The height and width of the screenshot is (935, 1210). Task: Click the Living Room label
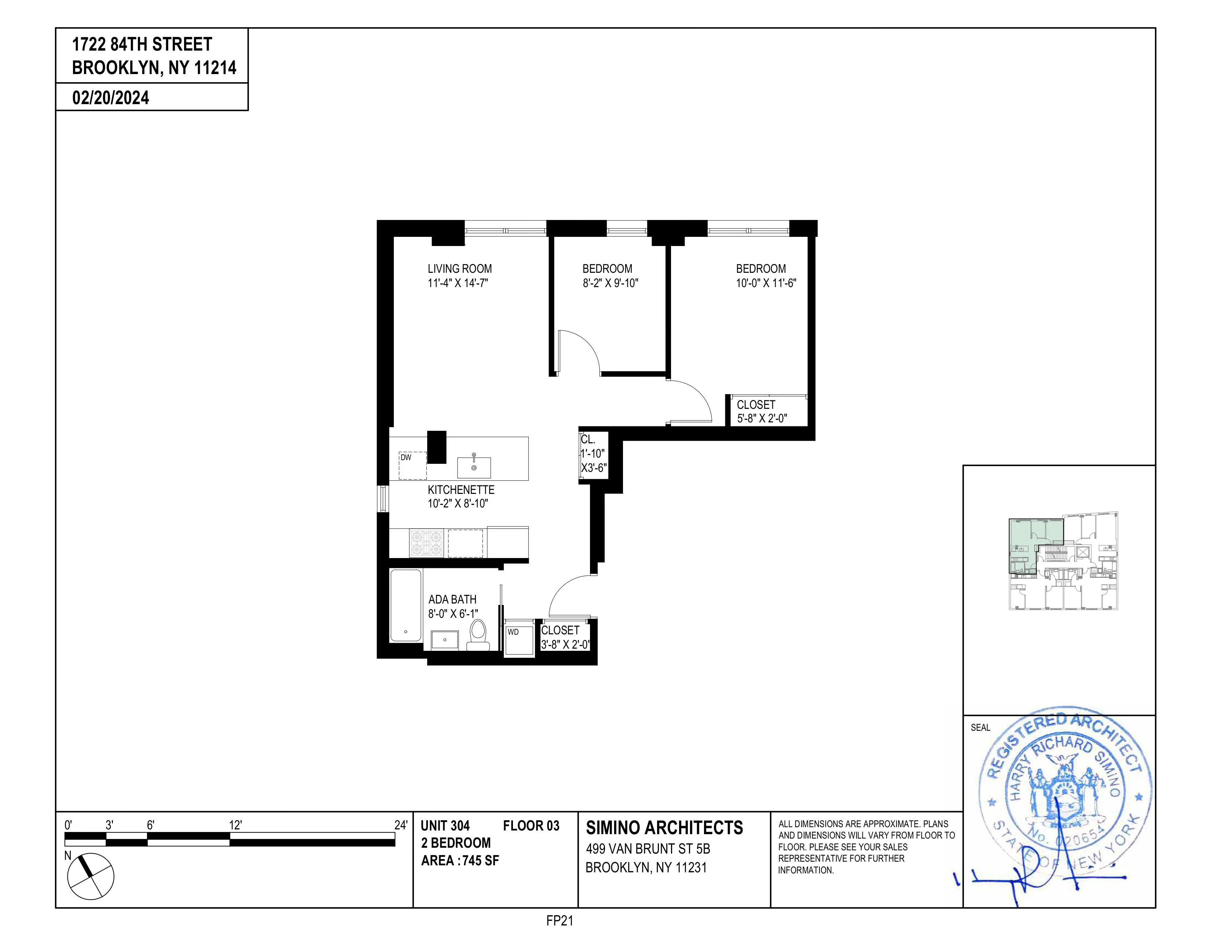459,269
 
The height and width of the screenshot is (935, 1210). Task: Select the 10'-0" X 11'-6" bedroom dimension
766,283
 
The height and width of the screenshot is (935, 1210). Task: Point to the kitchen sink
474,467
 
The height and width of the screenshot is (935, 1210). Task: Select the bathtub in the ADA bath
406,605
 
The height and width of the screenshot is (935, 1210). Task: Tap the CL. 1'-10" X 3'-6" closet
593,454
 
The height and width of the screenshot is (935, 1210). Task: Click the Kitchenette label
461,489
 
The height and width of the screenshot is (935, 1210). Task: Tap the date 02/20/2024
110,98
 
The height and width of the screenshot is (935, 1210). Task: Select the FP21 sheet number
559,921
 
